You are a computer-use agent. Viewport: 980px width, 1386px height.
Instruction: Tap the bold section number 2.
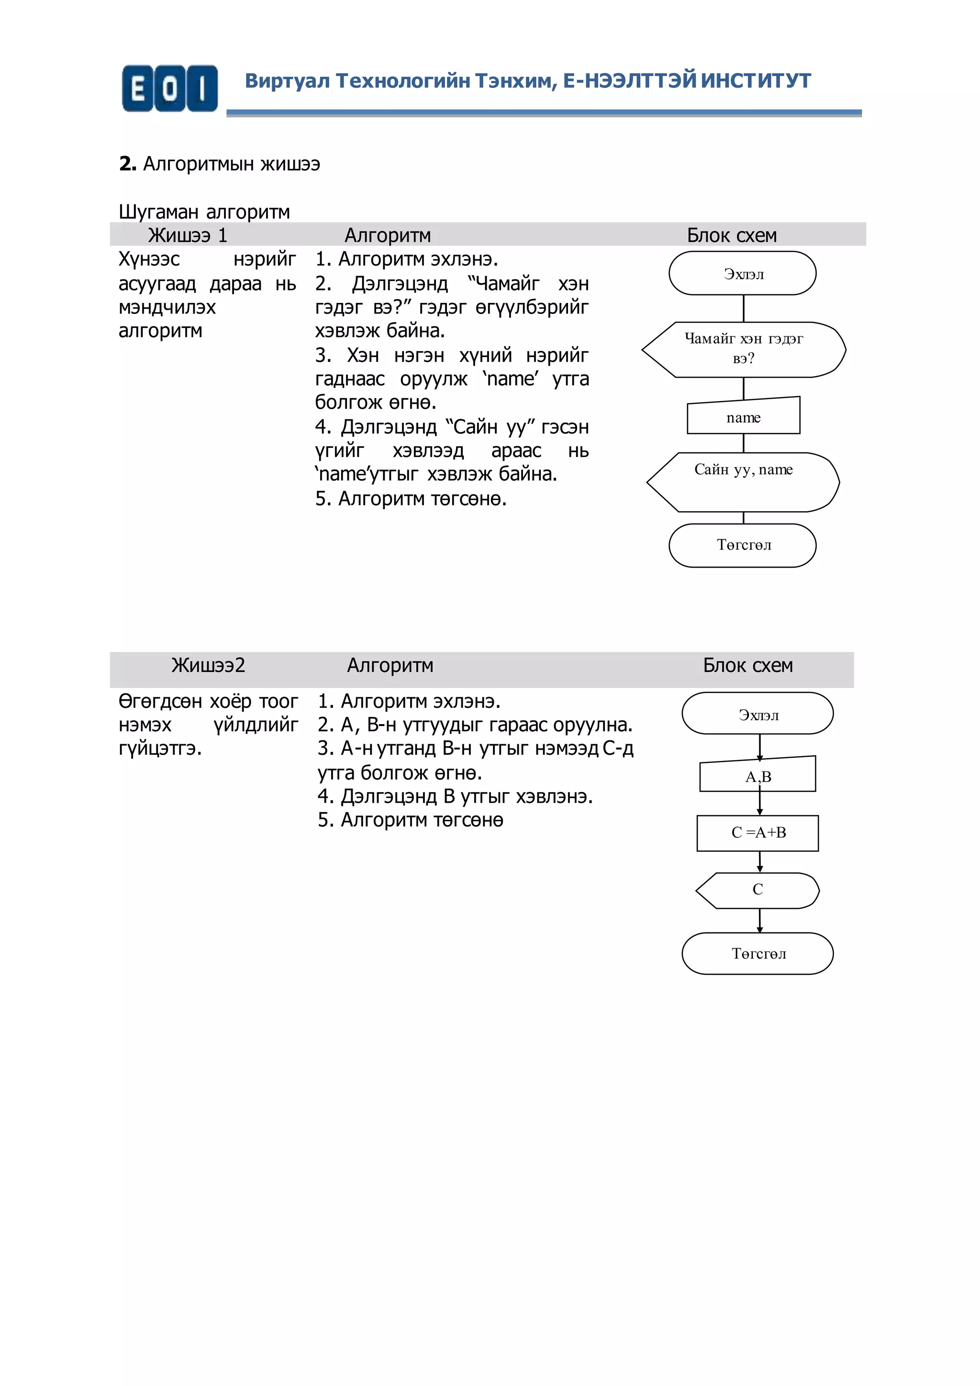[127, 164]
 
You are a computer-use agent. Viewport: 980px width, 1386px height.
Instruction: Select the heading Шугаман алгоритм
[204, 212]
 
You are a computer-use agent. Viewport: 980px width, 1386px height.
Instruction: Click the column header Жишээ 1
[188, 235]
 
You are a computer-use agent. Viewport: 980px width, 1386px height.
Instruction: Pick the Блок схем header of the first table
[731, 235]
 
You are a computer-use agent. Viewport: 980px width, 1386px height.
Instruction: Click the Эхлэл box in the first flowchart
[743, 273]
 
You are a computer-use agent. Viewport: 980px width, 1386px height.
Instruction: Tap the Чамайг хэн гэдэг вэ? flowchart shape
[744, 349]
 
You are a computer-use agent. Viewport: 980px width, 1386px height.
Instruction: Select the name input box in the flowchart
[744, 417]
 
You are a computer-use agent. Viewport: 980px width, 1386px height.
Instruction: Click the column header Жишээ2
[208, 665]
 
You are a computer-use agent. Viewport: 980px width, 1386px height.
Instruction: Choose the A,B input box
[758, 776]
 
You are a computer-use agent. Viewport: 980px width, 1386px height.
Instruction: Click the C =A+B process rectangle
[758, 832]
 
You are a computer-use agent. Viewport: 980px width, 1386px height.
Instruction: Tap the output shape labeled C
[758, 890]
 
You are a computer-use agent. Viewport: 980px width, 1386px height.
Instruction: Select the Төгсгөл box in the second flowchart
[758, 954]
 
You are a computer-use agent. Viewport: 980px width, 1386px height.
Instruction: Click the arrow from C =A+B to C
[760, 861]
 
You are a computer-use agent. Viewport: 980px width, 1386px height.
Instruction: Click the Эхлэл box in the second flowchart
[758, 715]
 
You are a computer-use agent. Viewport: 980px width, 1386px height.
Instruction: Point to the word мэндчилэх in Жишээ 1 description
[167, 307]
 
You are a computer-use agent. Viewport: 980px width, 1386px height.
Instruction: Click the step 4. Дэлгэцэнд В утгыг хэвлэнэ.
[455, 796]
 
